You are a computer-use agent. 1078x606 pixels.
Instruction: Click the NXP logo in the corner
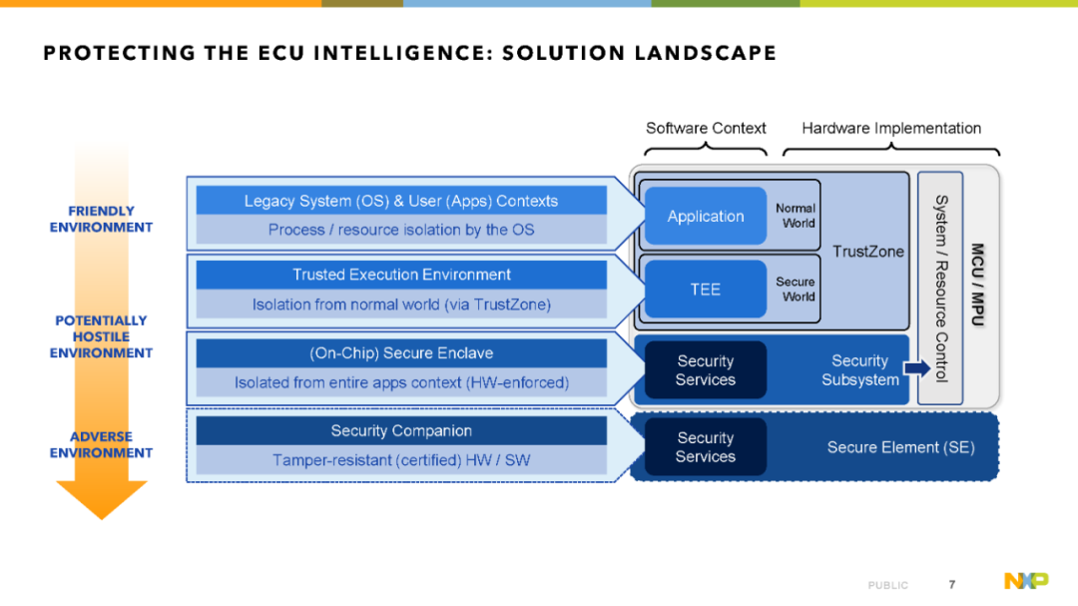pyautogui.click(x=1026, y=581)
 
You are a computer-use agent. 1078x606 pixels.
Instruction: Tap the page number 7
pyautogui.click(x=952, y=585)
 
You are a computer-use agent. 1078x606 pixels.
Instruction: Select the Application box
pyautogui.click(x=706, y=216)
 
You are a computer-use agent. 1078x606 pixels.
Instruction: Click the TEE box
pyautogui.click(x=706, y=289)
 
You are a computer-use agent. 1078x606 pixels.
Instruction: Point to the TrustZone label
pyautogui.click(x=868, y=252)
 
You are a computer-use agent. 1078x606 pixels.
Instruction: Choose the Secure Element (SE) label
pyautogui.click(x=900, y=448)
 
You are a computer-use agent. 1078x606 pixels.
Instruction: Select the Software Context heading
pyautogui.click(x=706, y=129)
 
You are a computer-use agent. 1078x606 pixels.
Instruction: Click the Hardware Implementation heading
pyautogui.click(x=891, y=129)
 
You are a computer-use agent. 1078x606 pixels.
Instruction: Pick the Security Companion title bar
pyautogui.click(x=401, y=430)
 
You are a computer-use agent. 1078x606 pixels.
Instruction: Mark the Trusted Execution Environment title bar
pyautogui.click(x=401, y=275)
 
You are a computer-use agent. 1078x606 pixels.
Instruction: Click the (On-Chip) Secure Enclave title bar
pyautogui.click(x=401, y=352)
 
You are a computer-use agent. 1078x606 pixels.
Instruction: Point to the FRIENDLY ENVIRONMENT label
pyautogui.click(x=101, y=220)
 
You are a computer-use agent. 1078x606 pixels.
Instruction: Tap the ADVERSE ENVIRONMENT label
pyautogui.click(x=101, y=445)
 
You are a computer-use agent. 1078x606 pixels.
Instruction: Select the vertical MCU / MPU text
pyautogui.click(x=977, y=285)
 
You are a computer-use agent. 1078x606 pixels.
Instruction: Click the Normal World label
pyautogui.click(x=796, y=216)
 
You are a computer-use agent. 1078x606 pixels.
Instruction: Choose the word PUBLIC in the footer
pyautogui.click(x=887, y=585)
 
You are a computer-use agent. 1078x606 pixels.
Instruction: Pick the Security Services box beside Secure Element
pyautogui.click(x=706, y=447)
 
